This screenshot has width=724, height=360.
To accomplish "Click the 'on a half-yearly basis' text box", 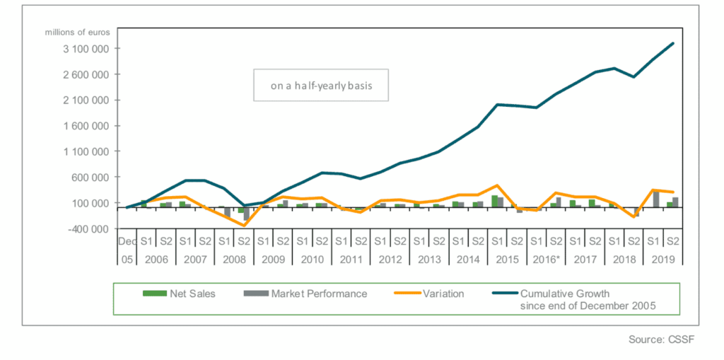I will tap(321, 86).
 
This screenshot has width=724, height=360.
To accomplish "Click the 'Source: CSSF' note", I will tap(662, 340).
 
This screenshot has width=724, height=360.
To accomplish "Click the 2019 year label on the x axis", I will tap(665, 259).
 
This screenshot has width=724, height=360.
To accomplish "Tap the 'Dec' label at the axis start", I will tap(127, 240).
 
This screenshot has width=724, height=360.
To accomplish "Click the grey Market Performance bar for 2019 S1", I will tap(656, 199).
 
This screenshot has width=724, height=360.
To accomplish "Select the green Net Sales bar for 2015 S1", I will tap(495, 201).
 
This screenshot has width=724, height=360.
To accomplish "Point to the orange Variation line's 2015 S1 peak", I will tap(497, 185).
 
